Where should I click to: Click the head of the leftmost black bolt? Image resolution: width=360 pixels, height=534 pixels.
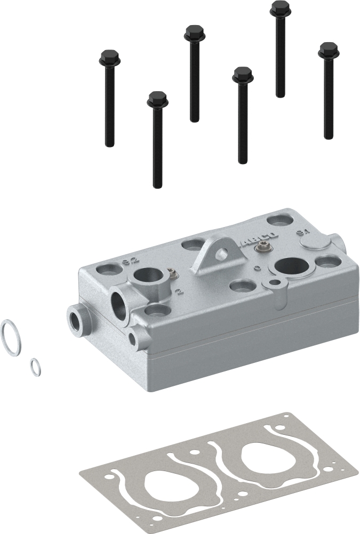[109, 56]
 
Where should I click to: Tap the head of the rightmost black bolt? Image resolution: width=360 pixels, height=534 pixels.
[328, 51]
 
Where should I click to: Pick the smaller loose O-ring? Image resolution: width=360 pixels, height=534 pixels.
[36, 367]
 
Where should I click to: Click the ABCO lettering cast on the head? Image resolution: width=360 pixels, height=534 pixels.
[260, 237]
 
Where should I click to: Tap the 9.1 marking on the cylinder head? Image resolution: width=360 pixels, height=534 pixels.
[302, 232]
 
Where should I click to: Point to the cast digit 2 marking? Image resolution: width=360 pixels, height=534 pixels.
[180, 291]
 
